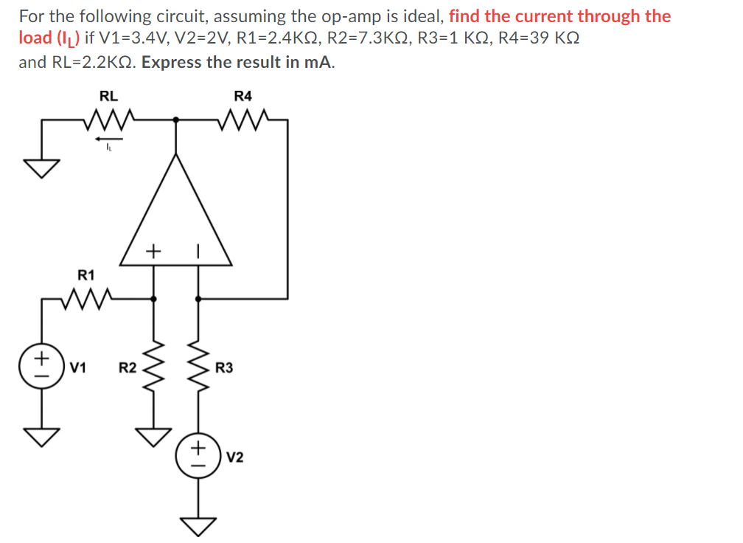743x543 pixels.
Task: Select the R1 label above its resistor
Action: click(x=86, y=275)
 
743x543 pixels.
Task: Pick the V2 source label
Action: click(x=235, y=458)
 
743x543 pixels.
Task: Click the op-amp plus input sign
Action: click(x=153, y=252)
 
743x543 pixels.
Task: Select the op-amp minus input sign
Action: click(x=198, y=252)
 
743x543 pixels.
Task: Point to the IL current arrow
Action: click(x=108, y=137)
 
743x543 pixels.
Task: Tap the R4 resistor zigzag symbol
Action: click(x=243, y=118)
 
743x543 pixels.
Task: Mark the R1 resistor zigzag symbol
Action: click(x=86, y=299)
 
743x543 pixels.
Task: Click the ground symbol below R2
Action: click(x=153, y=437)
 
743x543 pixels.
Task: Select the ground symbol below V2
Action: click(x=198, y=526)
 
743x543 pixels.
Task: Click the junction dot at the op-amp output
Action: click(x=175, y=118)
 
